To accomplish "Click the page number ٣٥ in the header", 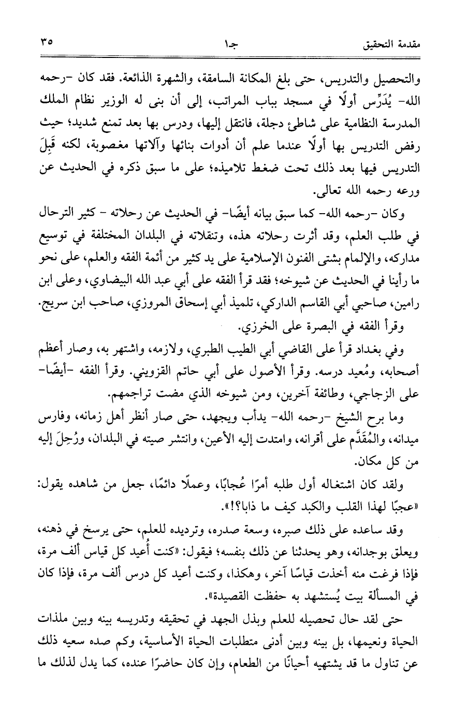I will (46, 40).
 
